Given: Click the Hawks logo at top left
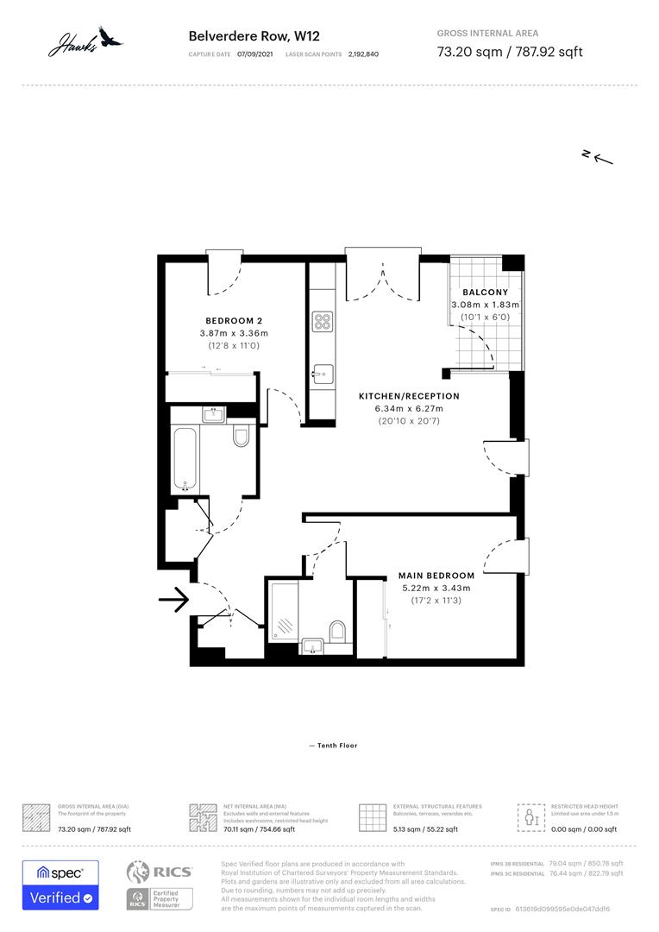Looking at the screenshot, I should click(x=85, y=40).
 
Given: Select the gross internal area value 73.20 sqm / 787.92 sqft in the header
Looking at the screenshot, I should click(x=509, y=52).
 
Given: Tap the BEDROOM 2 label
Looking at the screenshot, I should click(x=234, y=320).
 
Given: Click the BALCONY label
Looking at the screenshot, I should click(x=486, y=293).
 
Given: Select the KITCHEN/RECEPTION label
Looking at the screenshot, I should click(x=409, y=396).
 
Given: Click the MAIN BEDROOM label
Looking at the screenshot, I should click(x=436, y=576).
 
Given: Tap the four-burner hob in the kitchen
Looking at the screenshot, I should click(x=323, y=322).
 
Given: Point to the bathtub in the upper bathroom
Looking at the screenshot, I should click(x=185, y=457).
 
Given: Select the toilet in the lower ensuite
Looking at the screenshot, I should click(x=337, y=631).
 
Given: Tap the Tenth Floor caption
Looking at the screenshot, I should click(x=332, y=746).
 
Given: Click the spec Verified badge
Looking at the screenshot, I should click(x=60, y=885).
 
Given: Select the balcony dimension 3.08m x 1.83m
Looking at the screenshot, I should click(x=486, y=305).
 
